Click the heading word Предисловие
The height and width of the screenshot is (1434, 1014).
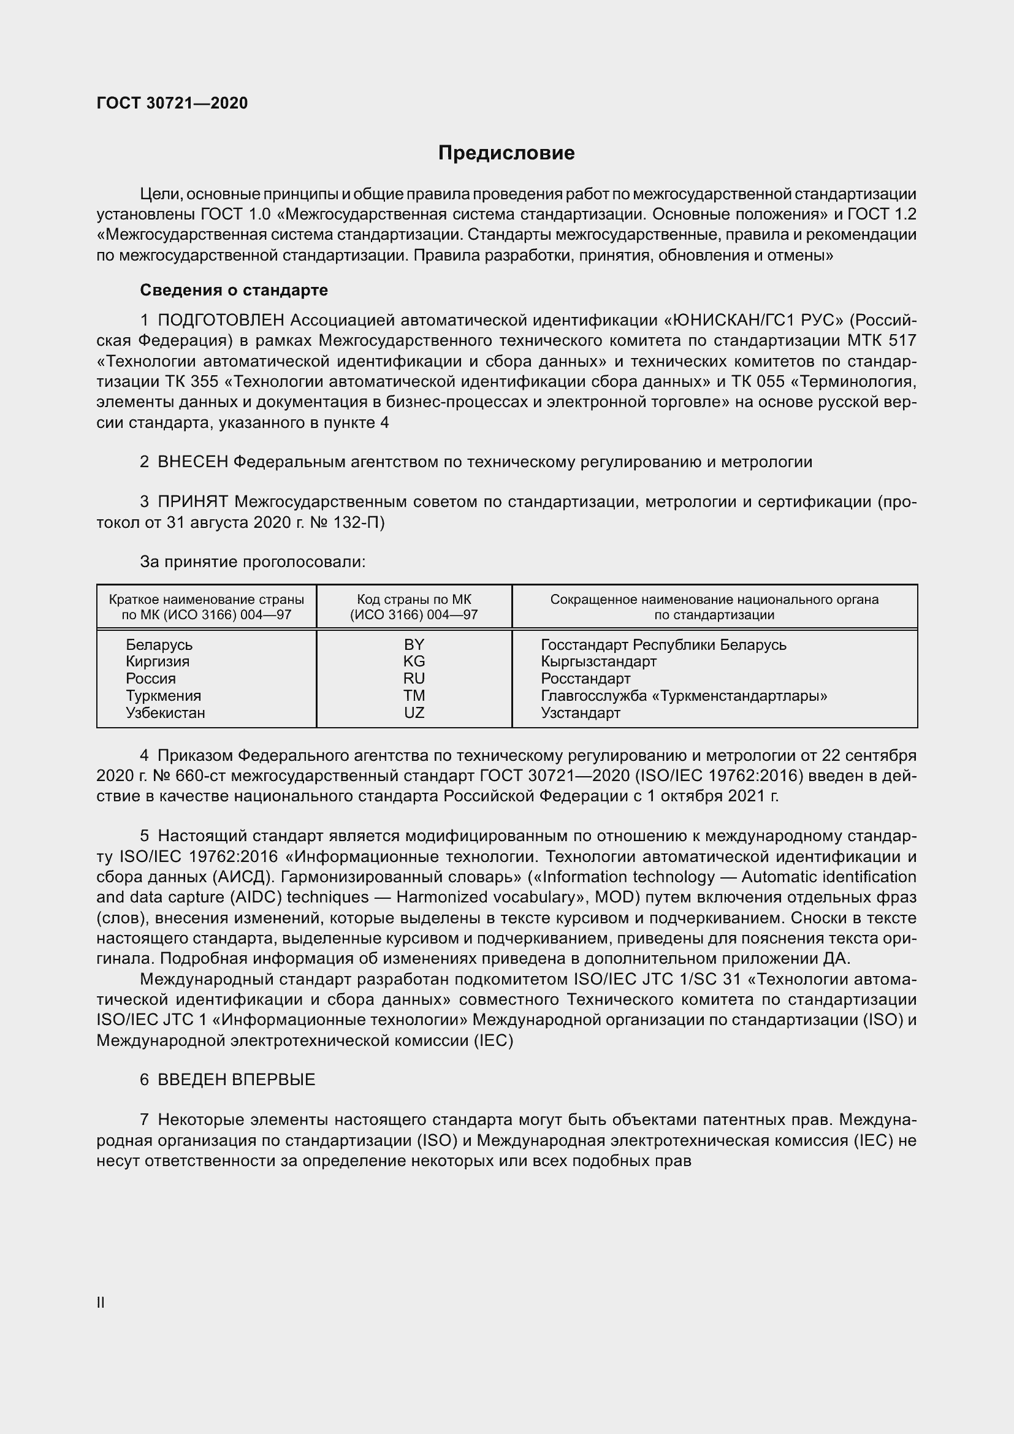coord(506,153)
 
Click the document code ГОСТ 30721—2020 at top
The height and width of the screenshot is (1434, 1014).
coord(172,103)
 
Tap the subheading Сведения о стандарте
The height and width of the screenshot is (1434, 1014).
coord(234,291)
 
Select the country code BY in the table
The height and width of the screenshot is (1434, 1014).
coord(414,644)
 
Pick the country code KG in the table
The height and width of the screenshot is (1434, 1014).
coord(414,662)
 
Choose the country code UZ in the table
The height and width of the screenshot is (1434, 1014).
coord(414,712)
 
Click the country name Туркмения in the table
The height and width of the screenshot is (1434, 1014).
coord(164,696)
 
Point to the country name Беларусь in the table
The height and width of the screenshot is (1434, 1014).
coord(159,644)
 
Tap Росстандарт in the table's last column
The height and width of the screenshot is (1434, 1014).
coord(585,679)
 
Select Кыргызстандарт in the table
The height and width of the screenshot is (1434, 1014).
coord(599,662)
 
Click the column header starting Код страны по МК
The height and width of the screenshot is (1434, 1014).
coord(414,607)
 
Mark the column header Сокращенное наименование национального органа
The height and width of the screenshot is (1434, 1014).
coord(714,607)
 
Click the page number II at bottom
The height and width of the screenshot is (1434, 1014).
coord(101,1302)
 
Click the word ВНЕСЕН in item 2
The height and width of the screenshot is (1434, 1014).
coord(193,462)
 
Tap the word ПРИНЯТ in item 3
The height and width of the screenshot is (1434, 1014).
coord(193,502)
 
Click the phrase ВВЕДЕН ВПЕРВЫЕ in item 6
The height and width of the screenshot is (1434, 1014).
coord(236,1079)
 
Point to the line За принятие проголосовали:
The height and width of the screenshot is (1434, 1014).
coord(252,562)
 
